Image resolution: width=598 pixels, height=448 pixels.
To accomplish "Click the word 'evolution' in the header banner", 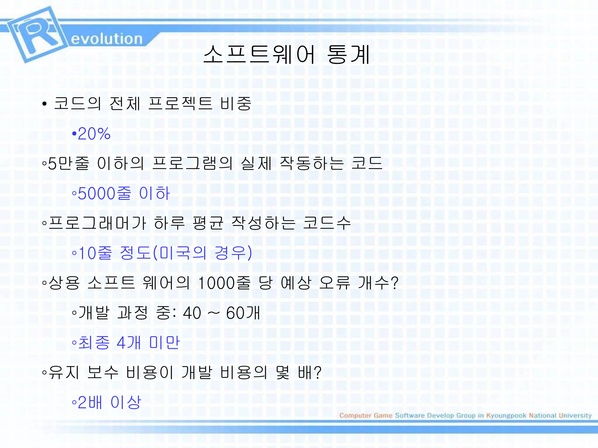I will pos(107,39).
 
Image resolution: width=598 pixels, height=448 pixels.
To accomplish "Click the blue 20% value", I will pos(94,134).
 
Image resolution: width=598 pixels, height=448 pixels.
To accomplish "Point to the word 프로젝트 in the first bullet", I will pos(180,103).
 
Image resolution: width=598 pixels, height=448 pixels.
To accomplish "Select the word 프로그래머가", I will pos(97,223).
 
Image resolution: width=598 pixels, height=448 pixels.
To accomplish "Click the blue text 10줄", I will pos(95,253).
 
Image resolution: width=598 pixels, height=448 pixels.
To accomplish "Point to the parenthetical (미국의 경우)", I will pos(202,253).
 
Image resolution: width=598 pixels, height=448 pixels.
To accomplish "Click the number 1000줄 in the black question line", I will pos(224,283).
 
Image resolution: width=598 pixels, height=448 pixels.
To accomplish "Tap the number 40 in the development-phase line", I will pos(192,313).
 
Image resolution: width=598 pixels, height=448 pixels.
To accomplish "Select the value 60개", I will pos(243,313).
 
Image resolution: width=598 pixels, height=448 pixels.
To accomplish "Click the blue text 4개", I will pos(129,343).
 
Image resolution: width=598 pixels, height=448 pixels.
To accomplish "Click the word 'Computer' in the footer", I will pos(355,415).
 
